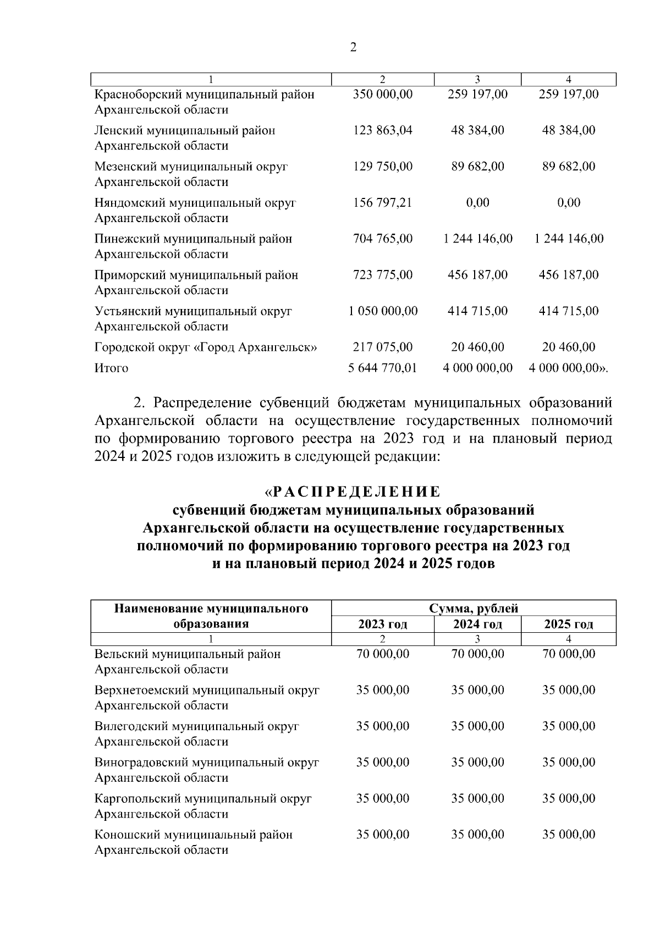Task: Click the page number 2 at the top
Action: pos(353,48)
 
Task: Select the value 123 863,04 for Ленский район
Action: pos(382,130)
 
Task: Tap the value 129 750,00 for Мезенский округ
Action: pos(382,167)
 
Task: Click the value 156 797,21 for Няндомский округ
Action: pos(382,203)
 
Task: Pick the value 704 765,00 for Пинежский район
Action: pos(382,239)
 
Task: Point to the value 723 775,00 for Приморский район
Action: pos(382,275)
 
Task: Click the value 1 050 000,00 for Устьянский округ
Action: pos(383,311)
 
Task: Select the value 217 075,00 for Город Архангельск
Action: pos(382,347)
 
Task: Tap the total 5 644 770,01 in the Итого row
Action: pos(383,368)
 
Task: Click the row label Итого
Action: pos(111,368)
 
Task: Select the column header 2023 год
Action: pos(382,624)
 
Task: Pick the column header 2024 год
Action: pos(477,624)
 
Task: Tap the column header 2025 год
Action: pos(568,624)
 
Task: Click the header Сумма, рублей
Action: pos(474,609)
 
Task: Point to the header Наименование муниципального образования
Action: pos(211,616)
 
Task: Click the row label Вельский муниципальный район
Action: pos(188,654)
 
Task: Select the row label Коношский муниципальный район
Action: pos(194,835)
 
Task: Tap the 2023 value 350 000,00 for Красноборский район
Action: pos(382,94)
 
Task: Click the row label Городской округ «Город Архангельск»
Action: pos(206,347)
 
